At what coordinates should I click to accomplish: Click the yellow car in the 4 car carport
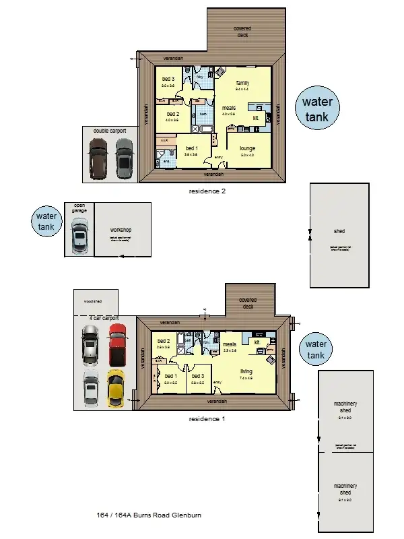click(x=116, y=387)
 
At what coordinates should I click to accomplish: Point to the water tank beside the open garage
click(x=46, y=222)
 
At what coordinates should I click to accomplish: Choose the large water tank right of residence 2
click(x=318, y=110)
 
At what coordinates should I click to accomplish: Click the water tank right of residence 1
click(x=316, y=349)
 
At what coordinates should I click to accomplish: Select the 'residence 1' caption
click(x=207, y=418)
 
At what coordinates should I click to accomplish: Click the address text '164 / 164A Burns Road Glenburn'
click(x=149, y=515)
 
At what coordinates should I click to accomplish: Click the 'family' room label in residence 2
click(x=242, y=82)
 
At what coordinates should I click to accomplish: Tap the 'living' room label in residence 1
click(x=246, y=371)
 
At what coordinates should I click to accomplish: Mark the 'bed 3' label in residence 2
click(x=168, y=80)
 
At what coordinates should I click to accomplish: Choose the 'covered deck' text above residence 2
click(x=242, y=31)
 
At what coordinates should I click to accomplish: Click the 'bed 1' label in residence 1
click(x=170, y=376)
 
